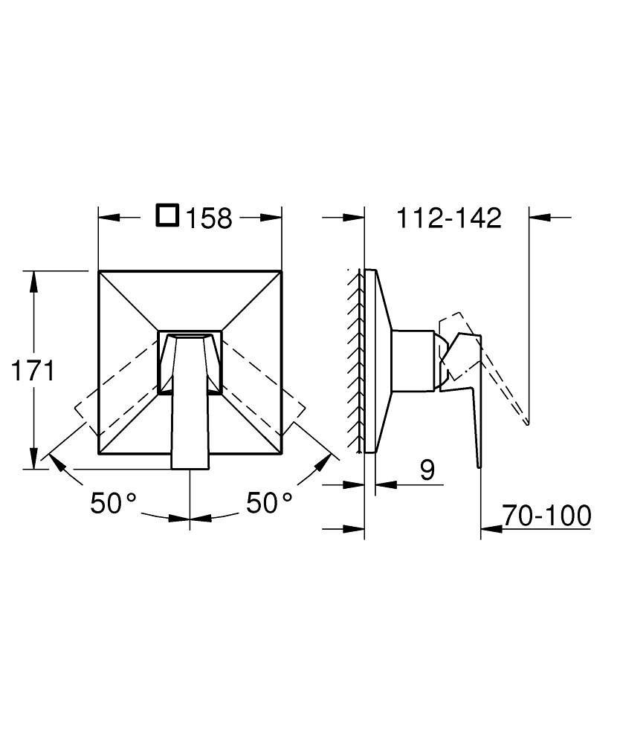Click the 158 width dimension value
pyautogui.click(x=209, y=218)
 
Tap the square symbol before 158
pyautogui.click(x=167, y=215)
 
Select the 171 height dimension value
pyautogui.click(x=33, y=371)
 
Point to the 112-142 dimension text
pyautogui.click(x=448, y=218)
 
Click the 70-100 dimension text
pyautogui.click(x=547, y=515)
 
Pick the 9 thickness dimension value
pyautogui.click(x=427, y=470)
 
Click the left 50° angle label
pyautogui.click(x=113, y=503)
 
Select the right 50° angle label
pyautogui.click(x=269, y=503)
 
